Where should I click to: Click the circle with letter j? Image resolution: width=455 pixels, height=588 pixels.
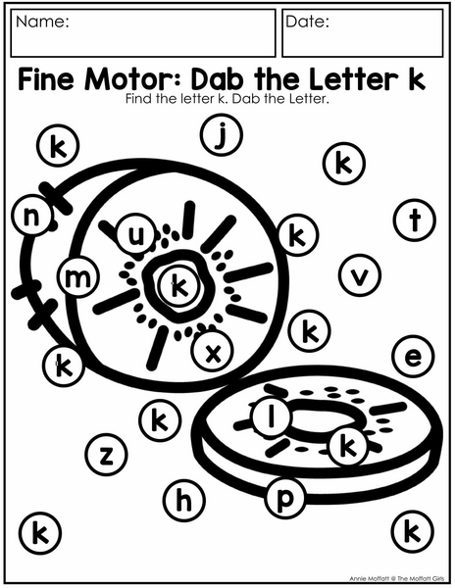222,135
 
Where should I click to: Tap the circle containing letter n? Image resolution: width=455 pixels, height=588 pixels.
32,216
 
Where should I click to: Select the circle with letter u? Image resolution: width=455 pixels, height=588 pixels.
136,234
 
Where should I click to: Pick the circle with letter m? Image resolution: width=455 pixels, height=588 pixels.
78,277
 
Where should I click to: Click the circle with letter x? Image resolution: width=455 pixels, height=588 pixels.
213,351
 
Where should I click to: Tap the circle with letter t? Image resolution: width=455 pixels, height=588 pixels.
415,220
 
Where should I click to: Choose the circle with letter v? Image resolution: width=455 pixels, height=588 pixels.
360,275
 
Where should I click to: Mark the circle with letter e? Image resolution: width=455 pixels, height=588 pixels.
413,356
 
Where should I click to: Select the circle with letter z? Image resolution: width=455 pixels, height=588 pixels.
107,455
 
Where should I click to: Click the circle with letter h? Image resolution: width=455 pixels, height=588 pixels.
184,501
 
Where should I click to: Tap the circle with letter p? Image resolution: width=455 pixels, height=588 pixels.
285,497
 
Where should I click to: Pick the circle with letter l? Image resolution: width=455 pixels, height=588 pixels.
272,416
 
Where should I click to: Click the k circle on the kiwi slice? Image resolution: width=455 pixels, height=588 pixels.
348,445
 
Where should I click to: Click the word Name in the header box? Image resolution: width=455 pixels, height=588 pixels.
42,22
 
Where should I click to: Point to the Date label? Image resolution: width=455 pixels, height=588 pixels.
307,22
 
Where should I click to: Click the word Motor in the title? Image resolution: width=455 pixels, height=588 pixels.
134,79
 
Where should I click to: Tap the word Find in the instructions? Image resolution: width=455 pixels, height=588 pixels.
139,99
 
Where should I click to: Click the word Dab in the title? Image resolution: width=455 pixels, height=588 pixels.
218,79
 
